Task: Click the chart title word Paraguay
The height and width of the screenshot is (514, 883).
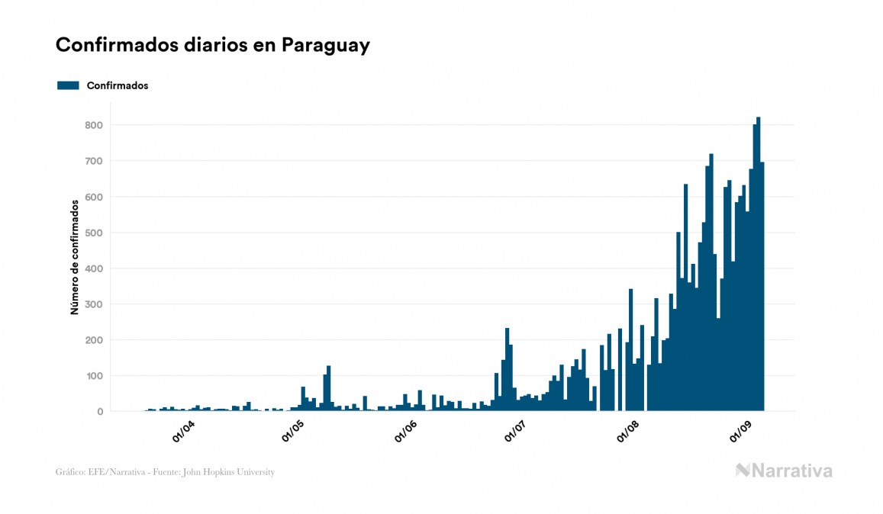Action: point(325,46)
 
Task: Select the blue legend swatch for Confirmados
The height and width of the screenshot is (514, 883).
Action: point(68,85)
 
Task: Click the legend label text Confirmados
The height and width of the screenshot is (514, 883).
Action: point(118,85)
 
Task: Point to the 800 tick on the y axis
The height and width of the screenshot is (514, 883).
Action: point(94,125)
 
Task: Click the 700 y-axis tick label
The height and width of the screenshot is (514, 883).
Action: point(94,161)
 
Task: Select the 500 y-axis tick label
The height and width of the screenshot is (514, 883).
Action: point(94,233)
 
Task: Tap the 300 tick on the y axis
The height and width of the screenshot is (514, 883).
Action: point(94,304)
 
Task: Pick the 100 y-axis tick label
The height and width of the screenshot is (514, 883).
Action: point(94,376)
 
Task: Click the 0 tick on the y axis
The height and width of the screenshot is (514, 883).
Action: point(99,412)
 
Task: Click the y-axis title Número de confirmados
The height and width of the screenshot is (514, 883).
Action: point(75,258)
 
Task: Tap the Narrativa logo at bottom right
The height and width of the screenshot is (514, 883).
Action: point(784,471)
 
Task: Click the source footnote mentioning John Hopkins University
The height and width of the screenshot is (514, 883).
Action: point(165,472)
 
